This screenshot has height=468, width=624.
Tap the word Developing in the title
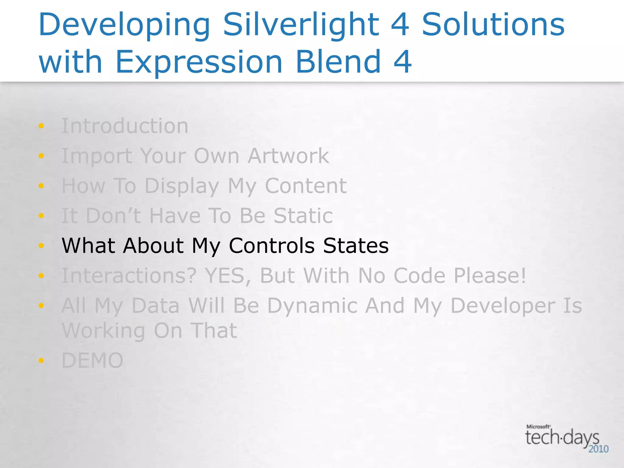(x=124, y=25)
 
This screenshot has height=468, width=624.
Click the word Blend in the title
(x=338, y=62)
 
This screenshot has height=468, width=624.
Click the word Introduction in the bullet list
(x=125, y=126)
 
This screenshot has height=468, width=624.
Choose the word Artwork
(x=288, y=156)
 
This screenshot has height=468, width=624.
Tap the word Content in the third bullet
(x=306, y=186)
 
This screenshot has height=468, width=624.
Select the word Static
(x=303, y=216)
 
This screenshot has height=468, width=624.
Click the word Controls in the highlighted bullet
(x=272, y=246)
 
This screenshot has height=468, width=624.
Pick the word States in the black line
(x=356, y=246)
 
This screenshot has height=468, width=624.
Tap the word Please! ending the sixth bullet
(x=490, y=275)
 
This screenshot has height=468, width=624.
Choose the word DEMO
(x=92, y=360)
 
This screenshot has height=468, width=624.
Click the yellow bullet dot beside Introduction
(x=41, y=126)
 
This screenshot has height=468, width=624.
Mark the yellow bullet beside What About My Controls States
(x=41, y=246)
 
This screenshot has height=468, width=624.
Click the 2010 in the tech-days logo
(x=598, y=449)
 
